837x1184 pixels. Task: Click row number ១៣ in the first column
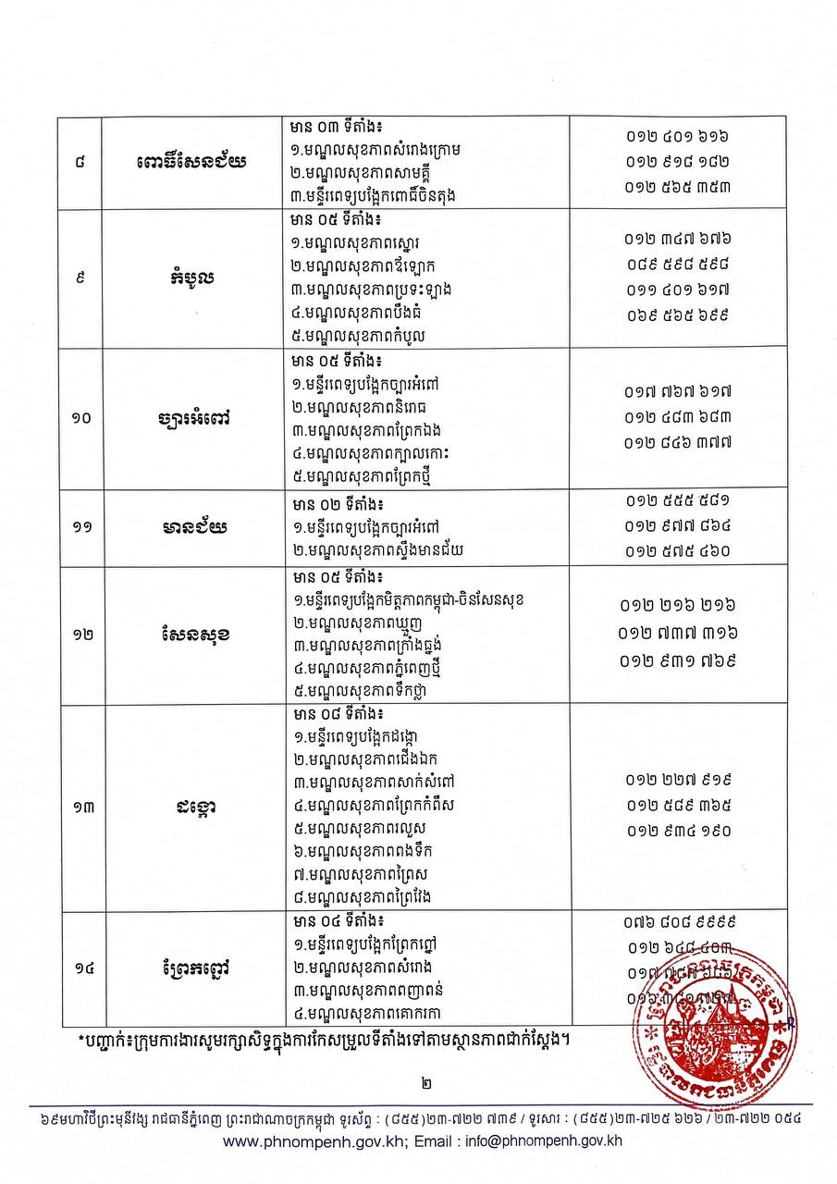click(81, 807)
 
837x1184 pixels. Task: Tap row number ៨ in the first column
click(81, 164)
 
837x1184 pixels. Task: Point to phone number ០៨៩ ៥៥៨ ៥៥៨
click(678, 264)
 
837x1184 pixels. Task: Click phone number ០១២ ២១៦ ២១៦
click(678, 606)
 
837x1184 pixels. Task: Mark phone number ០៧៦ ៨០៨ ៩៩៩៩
click(678, 922)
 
